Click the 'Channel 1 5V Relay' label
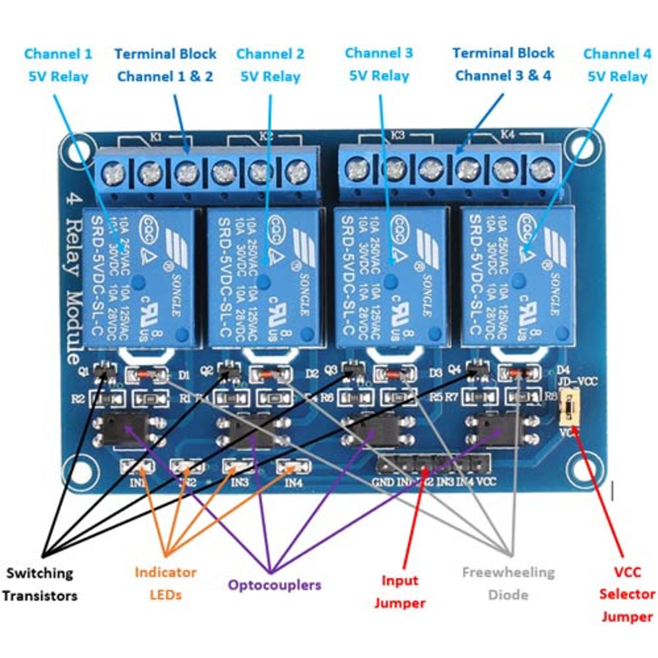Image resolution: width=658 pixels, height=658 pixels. pos(58,64)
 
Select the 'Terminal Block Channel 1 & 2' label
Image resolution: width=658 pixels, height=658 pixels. pos(164,64)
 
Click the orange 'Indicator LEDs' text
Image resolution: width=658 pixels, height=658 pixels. pos(165,584)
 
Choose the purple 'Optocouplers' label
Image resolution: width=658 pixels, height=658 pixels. pos(274,584)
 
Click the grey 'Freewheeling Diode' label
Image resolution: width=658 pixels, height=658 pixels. pos(508,584)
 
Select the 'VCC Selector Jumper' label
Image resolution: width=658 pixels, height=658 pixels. pos(626,594)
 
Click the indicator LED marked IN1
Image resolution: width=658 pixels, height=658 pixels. pos(138,468)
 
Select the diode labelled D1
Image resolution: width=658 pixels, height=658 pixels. pos(149,375)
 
